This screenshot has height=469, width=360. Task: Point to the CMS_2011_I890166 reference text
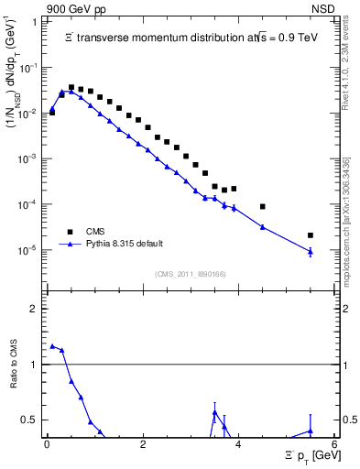tap(191, 273)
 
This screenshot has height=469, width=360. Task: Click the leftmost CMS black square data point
tap(52, 113)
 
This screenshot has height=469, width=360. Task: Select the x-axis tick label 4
tap(238, 444)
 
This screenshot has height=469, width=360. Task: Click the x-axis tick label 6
tap(334, 444)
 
